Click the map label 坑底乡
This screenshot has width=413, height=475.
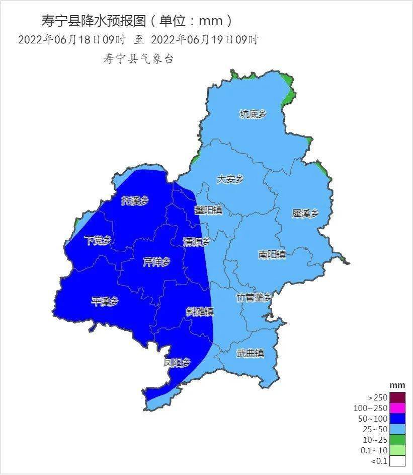[253, 114]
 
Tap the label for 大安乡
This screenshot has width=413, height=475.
[230, 179]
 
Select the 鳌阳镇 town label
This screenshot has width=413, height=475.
[209, 210]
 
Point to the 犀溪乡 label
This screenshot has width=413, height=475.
[305, 213]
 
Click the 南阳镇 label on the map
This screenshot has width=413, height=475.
[272, 254]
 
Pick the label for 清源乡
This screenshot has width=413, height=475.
[197, 242]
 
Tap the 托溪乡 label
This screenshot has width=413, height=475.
[135, 200]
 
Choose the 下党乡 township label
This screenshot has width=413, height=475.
[98, 240]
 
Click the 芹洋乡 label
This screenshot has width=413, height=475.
[156, 262]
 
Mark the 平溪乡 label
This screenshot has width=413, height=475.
[105, 301]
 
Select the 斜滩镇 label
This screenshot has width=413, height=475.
[200, 312]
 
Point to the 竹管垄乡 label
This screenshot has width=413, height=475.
[254, 297]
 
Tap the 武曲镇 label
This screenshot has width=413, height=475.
[251, 353]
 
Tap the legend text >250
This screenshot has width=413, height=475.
[378, 397]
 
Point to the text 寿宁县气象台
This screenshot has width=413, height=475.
[138, 59]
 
